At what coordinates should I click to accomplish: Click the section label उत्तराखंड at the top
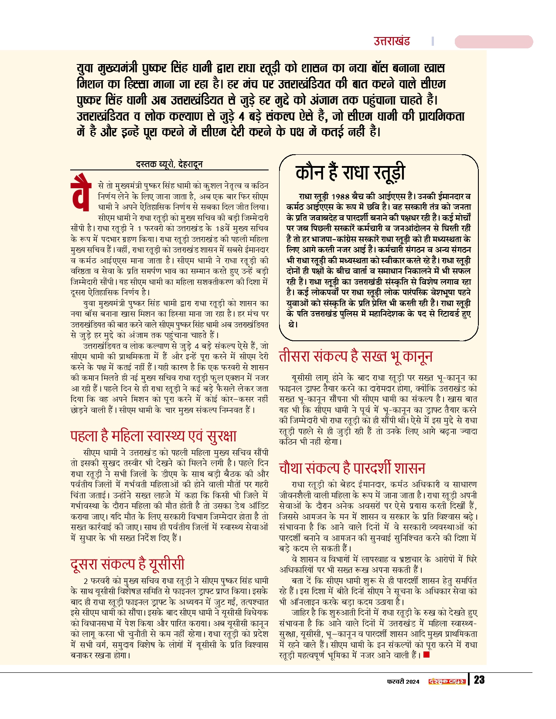tap(392, 41)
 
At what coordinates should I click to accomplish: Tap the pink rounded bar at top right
tap(494, 42)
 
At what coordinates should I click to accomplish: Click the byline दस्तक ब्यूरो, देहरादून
tap(169, 164)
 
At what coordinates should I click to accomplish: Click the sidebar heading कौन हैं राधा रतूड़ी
tap(350, 173)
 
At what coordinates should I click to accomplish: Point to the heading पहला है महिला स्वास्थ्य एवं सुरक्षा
tap(153, 436)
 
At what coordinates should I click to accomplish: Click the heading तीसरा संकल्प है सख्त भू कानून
tap(355, 356)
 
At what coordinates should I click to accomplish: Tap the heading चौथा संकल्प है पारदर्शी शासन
tap(352, 468)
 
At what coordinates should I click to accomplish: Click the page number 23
tap(479, 680)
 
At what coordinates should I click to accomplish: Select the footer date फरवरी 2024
tap(403, 682)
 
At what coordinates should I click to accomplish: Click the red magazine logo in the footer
tap(447, 682)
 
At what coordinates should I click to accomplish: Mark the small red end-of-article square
tap(426, 655)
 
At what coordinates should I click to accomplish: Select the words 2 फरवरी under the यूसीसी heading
tap(96, 581)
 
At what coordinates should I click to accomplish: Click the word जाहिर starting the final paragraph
tap(300, 613)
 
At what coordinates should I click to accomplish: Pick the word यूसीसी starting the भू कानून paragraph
tap(302, 378)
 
